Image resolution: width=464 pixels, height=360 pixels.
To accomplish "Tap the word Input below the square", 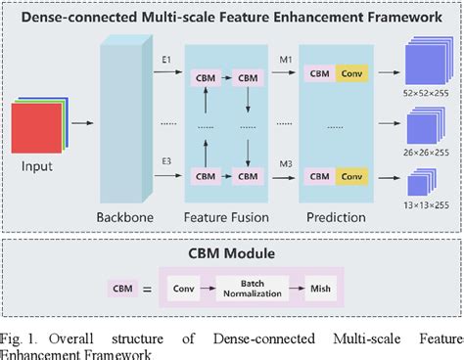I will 36,167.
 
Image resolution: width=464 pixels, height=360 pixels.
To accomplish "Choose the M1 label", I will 284,61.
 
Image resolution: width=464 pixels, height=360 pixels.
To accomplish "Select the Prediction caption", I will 334,217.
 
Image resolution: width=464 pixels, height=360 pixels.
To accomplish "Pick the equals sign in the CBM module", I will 147,289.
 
